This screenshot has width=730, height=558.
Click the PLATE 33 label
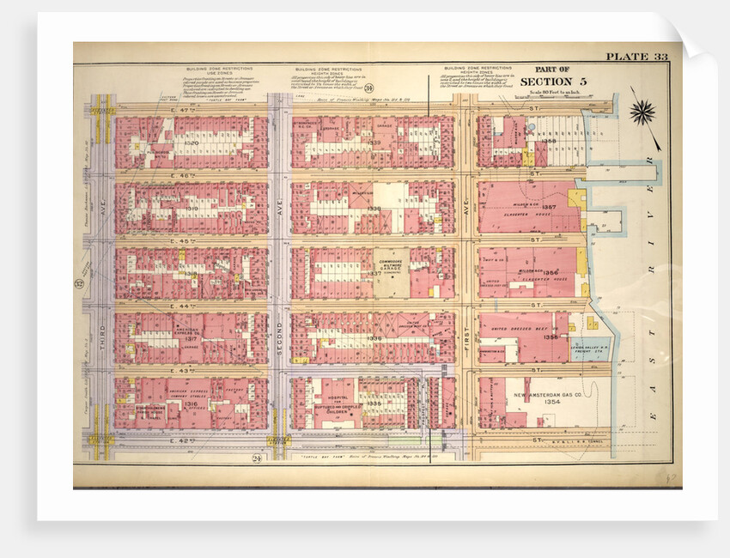pos(636,57)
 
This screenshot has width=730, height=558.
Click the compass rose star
pos(642,112)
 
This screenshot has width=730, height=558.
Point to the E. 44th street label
pos(181,306)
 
